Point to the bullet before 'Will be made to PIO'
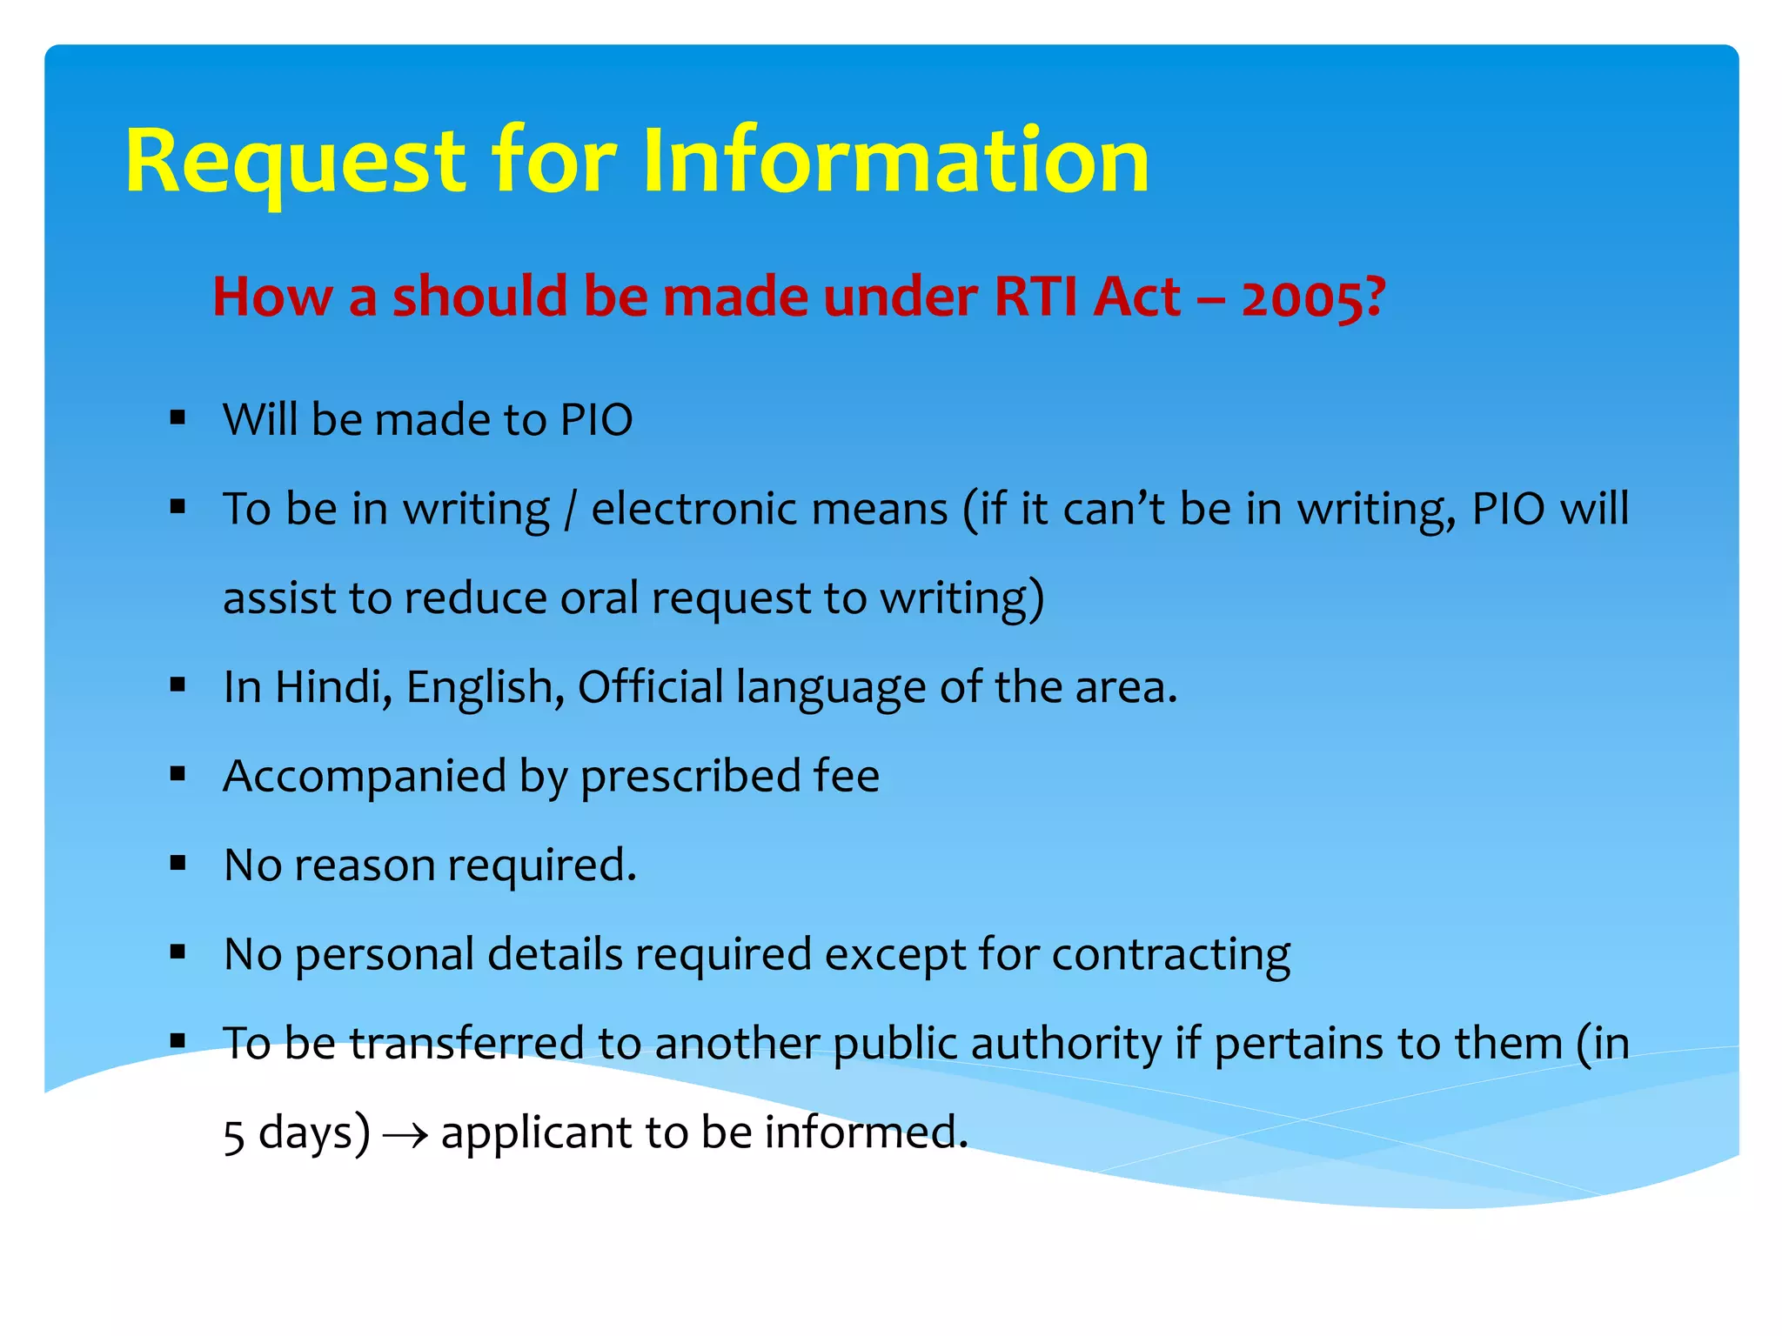coord(178,417)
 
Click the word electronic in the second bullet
coord(769,509)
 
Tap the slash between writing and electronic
coord(570,510)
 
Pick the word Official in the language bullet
coord(650,687)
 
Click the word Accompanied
coord(365,776)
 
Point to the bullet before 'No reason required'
coord(178,864)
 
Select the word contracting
coord(1170,955)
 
